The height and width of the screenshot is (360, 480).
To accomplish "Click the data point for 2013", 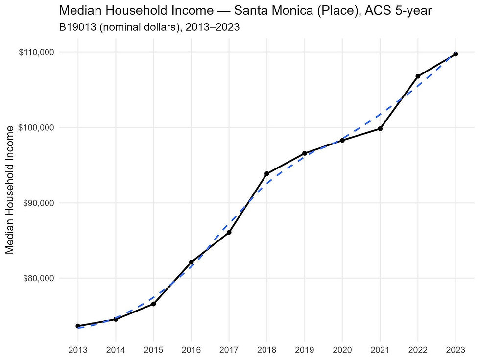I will tap(78, 326).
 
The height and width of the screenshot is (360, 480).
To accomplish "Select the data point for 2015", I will tap(153, 304).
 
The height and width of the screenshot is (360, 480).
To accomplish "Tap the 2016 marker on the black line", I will tap(191, 263).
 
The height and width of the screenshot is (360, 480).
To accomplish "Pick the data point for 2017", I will tap(229, 232).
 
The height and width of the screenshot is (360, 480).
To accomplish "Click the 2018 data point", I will tap(266, 174).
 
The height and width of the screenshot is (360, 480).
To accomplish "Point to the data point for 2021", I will tap(380, 129).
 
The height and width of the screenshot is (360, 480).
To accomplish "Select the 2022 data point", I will tap(418, 76).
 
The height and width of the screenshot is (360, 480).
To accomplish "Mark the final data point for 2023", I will tap(456, 54).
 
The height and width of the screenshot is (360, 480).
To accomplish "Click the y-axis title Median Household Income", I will tap(10, 190).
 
